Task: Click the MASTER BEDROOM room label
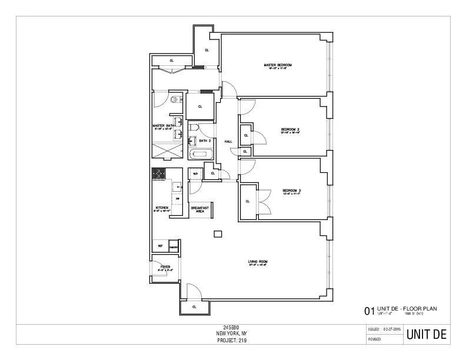pyautogui.click(x=278, y=65)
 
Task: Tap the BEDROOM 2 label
pyautogui.click(x=291, y=129)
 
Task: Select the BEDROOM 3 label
pyautogui.click(x=291, y=191)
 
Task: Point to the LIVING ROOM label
pyautogui.click(x=258, y=262)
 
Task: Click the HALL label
pyautogui.click(x=229, y=142)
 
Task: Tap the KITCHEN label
pyautogui.click(x=161, y=208)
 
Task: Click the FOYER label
pyautogui.click(x=165, y=267)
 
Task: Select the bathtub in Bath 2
pyautogui.click(x=201, y=155)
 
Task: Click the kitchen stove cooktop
pyautogui.click(x=159, y=174)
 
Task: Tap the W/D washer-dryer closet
pyautogui.click(x=195, y=174)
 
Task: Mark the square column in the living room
pyautogui.click(x=218, y=235)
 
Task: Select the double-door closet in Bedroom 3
pyautogui.click(x=248, y=201)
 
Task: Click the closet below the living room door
pyautogui.click(x=195, y=306)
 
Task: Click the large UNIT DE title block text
pyautogui.click(x=427, y=335)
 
